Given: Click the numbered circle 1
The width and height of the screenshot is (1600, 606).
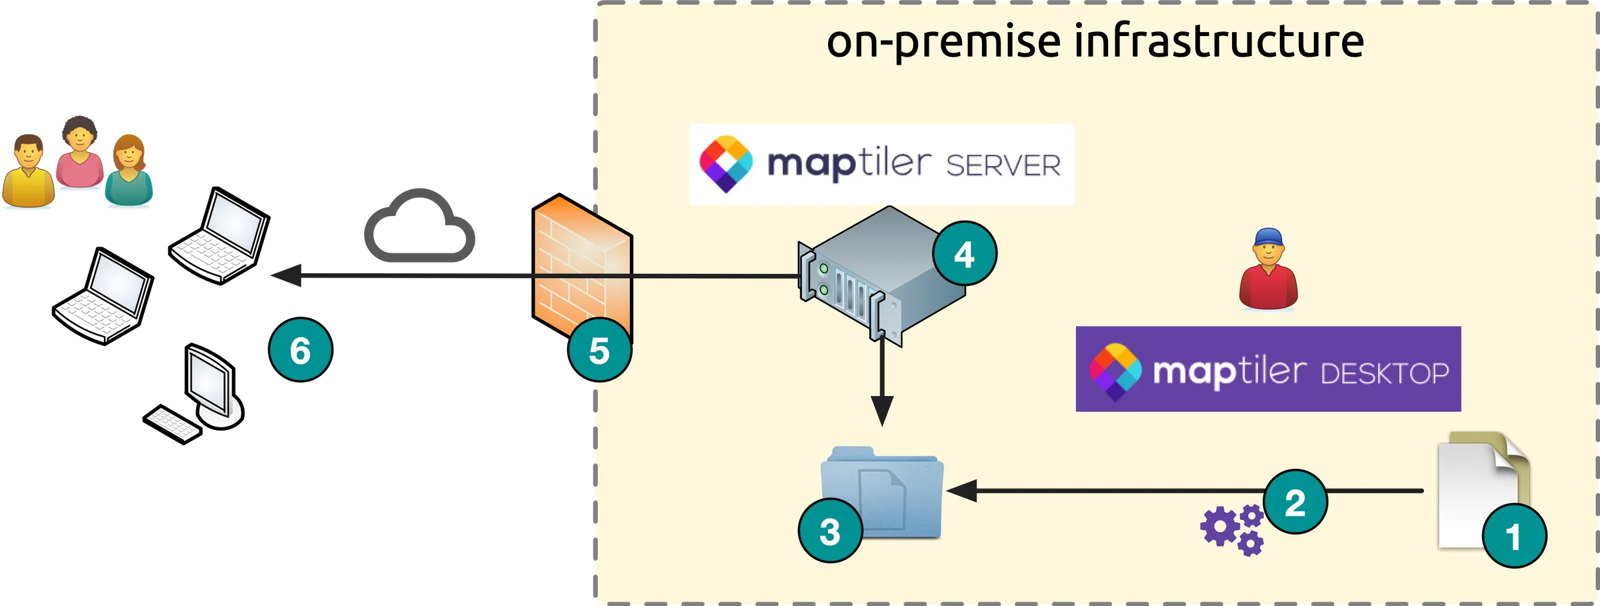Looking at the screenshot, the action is (1514, 536).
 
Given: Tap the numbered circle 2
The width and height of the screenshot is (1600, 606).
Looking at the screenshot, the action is (1295, 502).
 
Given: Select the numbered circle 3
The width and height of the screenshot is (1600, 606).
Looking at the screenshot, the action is (830, 531).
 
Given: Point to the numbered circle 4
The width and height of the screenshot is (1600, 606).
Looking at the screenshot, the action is (964, 253).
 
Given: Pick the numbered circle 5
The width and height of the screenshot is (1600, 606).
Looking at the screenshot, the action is (599, 350).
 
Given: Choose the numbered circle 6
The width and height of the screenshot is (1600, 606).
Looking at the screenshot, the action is (300, 350).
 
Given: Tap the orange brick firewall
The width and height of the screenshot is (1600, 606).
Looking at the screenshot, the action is (581, 267).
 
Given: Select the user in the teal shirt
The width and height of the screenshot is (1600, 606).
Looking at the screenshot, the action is (129, 171).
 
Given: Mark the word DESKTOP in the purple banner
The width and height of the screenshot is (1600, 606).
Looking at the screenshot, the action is (1385, 374).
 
